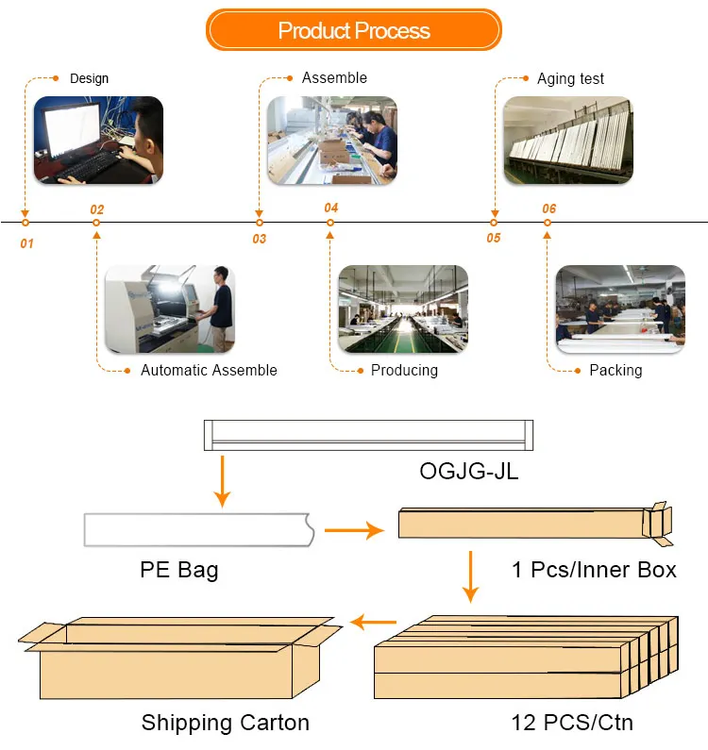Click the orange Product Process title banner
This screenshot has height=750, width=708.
click(x=354, y=29)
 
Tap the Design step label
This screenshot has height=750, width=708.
click(x=89, y=78)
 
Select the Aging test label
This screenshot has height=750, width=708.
click(x=570, y=78)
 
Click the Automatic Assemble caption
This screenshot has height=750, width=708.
click(x=209, y=370)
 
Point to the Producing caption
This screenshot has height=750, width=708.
click(x=404, y=370)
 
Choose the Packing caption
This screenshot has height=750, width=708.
click(x=615, y=370)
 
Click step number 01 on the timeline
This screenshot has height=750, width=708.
click(x=26, y=244)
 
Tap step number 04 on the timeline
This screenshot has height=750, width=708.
click(x=330, y=208)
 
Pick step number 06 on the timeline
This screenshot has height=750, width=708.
click(x=549, y=208)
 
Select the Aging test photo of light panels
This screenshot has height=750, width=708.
click(x=568, y=141)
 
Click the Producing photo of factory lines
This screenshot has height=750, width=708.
click(x=403, y=309)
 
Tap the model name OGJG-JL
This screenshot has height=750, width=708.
click(x=468, y=472)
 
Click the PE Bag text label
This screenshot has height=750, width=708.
click(x=179, y=571)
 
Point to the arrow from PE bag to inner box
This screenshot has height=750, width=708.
click(x=354, y=530)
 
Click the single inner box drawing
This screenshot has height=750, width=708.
click(x=535, y=524)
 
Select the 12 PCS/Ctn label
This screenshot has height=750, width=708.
click(x=572, y=723)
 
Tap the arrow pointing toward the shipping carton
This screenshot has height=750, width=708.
click(x=373, y=623)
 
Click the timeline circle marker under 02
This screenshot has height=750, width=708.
click(x=96, y=223)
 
